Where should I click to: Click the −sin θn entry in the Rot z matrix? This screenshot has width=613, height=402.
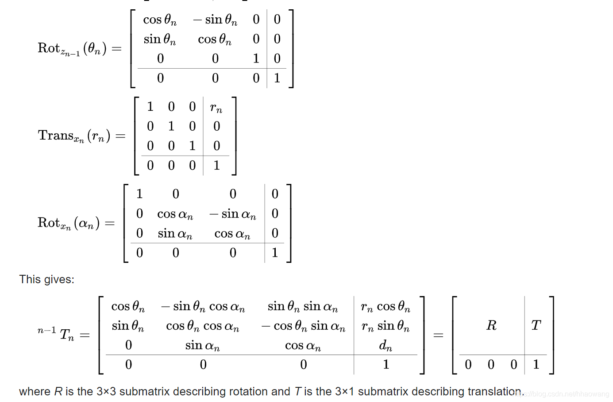215,20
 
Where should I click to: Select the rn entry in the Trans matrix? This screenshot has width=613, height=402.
216,108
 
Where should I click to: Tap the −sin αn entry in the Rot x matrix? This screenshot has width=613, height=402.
233,214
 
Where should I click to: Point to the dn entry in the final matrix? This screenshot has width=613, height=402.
386,345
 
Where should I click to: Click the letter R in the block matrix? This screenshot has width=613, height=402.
491,325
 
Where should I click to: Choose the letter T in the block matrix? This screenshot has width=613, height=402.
536,325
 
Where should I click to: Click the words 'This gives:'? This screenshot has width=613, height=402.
47,279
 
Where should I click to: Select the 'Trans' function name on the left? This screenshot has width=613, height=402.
56,135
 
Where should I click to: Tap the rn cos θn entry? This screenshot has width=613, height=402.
386,307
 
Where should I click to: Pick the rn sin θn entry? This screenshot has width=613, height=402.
386,326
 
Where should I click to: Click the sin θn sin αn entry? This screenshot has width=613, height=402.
303,307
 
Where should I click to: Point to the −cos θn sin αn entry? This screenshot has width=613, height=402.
303,326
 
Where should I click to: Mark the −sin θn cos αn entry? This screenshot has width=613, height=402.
203,307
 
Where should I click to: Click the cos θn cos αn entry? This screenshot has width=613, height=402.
203,326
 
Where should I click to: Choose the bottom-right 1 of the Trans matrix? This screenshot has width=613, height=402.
216,165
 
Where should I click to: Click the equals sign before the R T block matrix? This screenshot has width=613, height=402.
438,335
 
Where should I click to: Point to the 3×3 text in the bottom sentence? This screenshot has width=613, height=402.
106,391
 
